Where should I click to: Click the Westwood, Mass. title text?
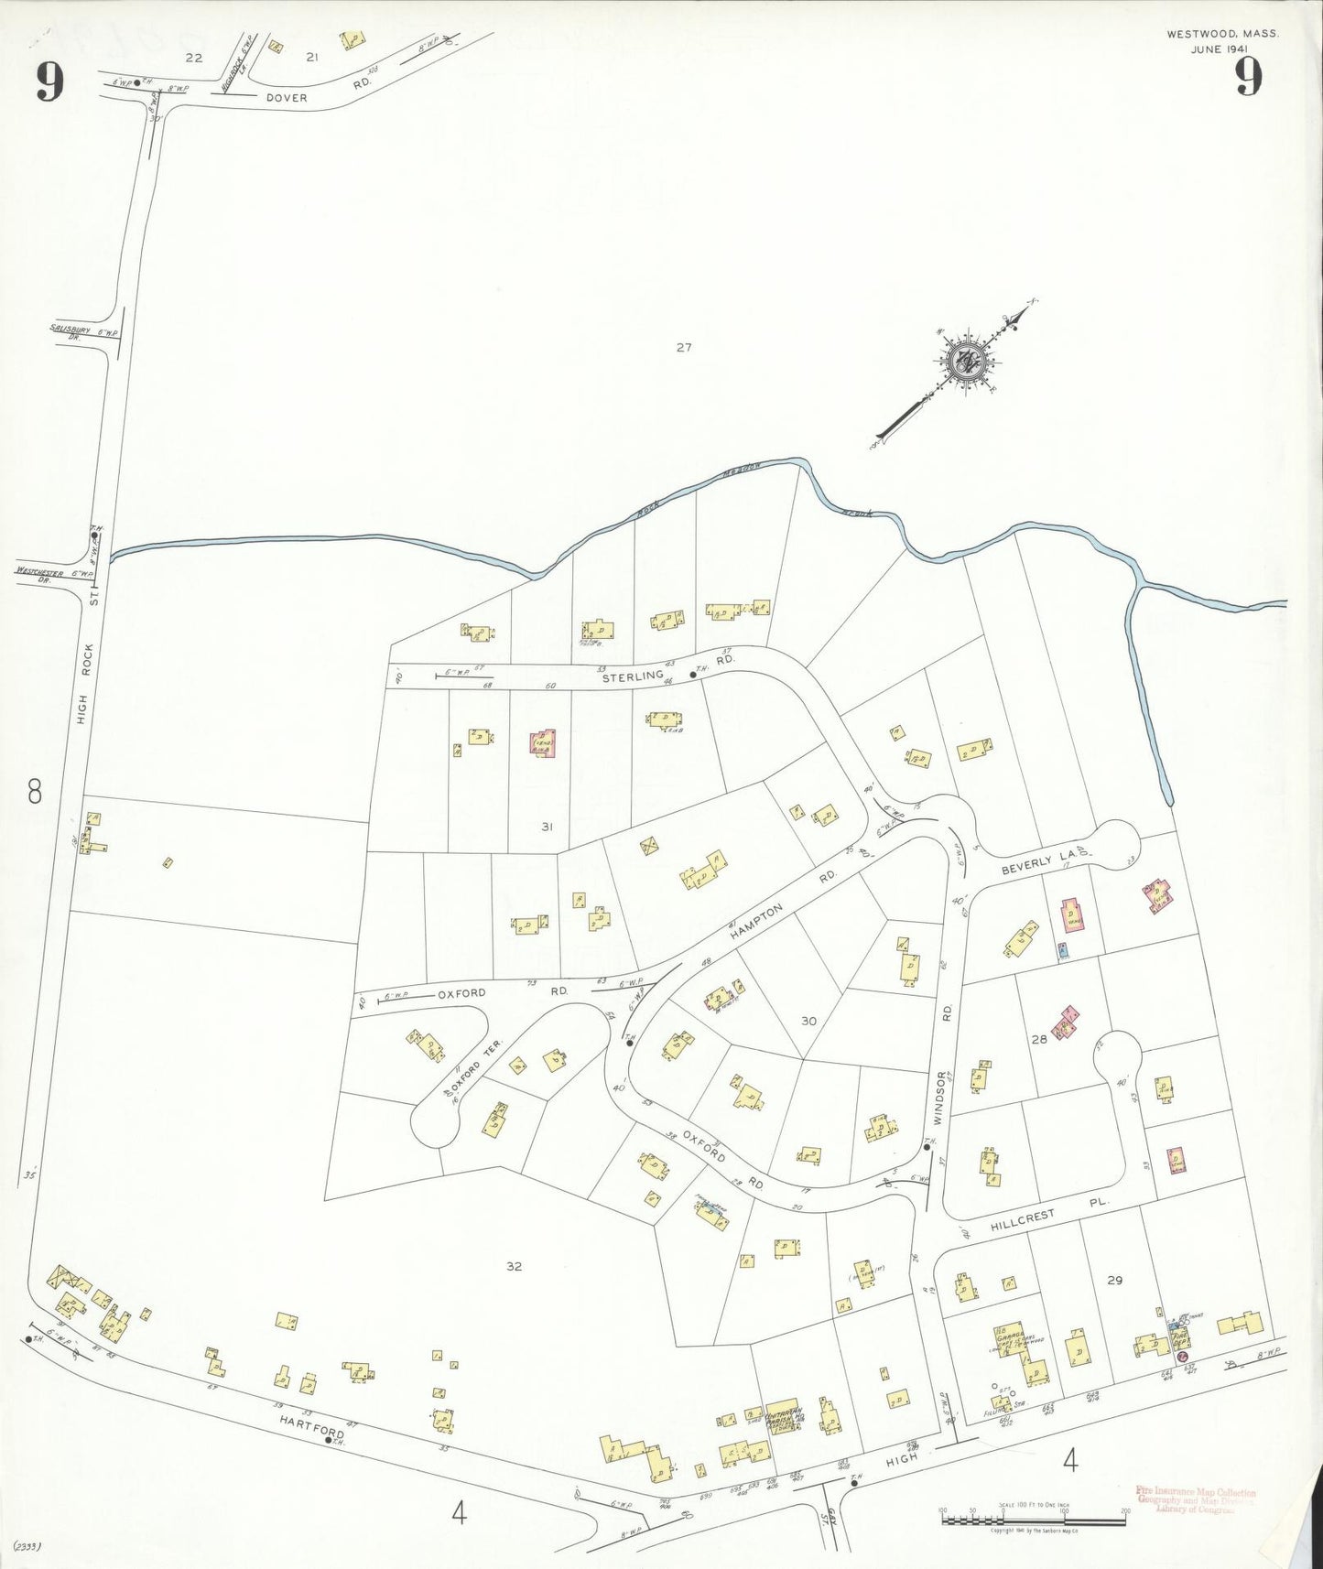(x=1222, y=34)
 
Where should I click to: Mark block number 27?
(x=683, y=347)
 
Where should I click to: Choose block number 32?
(x=514, y=1266)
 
